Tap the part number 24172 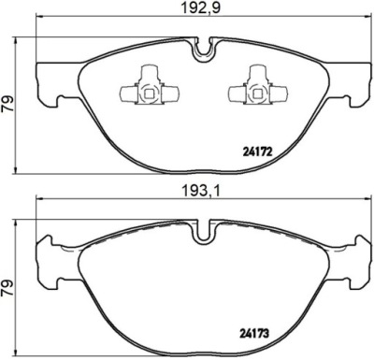tap(257, 151)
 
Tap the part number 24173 tap(253, 334)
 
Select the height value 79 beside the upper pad tap(7, 104)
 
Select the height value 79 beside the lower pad tap(7, 288)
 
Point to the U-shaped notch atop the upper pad tap(204, 50)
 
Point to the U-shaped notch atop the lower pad tap(204, 232)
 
